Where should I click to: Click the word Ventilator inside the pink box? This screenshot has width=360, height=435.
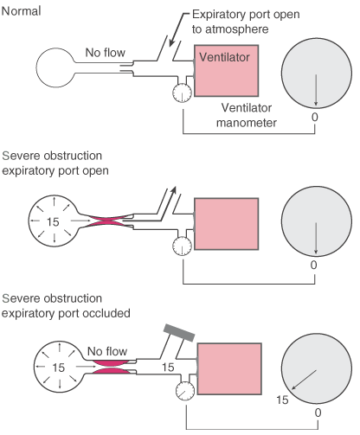[224, 57]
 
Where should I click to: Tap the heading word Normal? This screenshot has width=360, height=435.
[21, 11]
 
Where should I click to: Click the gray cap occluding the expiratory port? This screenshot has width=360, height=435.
[179, 332]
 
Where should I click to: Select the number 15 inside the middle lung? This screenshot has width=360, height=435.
[53, 222]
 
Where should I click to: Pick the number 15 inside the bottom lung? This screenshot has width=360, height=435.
[58, 368]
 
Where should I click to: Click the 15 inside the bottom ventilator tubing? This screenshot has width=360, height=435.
[168, 368]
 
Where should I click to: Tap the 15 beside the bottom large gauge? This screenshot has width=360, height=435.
[282, 400]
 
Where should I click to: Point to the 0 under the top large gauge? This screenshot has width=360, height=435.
[315, 117]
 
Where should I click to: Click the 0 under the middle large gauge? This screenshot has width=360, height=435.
[314, 265]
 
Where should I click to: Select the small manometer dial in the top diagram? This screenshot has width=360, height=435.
[182, 93]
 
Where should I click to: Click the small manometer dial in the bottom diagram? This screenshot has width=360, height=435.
[185, 391]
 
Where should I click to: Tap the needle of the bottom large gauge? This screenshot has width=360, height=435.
[304, 380]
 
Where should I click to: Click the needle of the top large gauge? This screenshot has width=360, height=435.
[316, 90]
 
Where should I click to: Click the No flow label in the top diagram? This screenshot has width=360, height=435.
[106, 53]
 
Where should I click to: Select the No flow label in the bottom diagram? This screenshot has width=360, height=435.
[107, 351]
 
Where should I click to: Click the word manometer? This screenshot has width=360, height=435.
[247, 123]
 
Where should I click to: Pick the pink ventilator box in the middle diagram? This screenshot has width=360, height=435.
[226, 224]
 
